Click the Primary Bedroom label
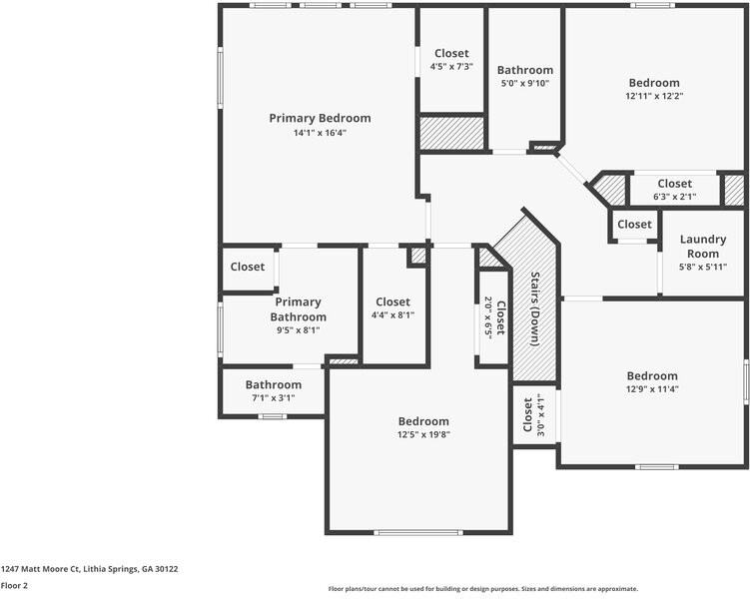[x=320, y=118]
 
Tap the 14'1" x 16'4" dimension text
[x=320, y=133]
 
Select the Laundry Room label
[x=703, y=247]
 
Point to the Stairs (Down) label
[x=535, y=308]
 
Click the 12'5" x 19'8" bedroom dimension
[x=423, y=434]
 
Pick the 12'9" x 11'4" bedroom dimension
[x=652, y=389]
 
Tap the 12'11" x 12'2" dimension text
[x=654, y=96]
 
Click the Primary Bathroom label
[x=298, y=309]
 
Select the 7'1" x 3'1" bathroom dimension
[x=273, y=397]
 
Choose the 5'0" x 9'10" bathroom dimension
[x=524, y=83]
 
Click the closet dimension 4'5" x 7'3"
[x=451, y=67]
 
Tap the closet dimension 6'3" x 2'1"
[x=674, y=197]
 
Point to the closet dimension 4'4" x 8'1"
[x=392, y=315]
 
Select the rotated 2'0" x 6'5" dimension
[x=488, y=317]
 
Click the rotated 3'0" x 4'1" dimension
[x=540, y=415]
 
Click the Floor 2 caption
[x=14, y=585]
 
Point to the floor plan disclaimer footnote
[x=482, y=589]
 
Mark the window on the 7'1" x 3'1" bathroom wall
[x=273, y=416]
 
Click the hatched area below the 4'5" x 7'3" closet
[x=452, y=133]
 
